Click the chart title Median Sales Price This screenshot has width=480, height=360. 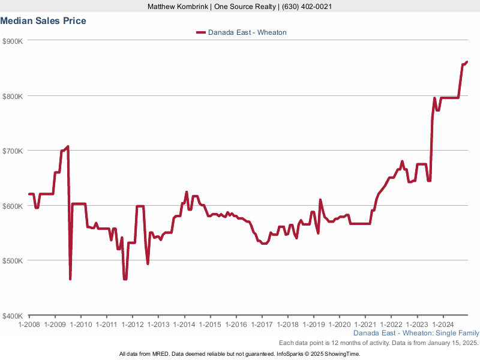[43, 21]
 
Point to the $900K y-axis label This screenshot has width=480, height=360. [13, 41]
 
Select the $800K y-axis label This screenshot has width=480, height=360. [13, 96]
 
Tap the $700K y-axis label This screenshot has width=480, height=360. [13, 151]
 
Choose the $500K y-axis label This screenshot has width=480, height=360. [13, 260]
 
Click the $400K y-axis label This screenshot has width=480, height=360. [13, 316]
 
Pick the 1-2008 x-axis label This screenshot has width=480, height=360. [29, 324]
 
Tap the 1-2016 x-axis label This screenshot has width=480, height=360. [236, 324]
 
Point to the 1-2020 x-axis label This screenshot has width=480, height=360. [339, 324]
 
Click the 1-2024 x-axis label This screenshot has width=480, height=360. [443, 324]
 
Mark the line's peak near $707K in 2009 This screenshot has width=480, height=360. [68, 146]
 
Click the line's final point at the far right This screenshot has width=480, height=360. [467, 62]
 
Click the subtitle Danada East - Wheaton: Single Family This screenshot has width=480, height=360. [416, 332]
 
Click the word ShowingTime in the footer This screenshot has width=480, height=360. [343, 354]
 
